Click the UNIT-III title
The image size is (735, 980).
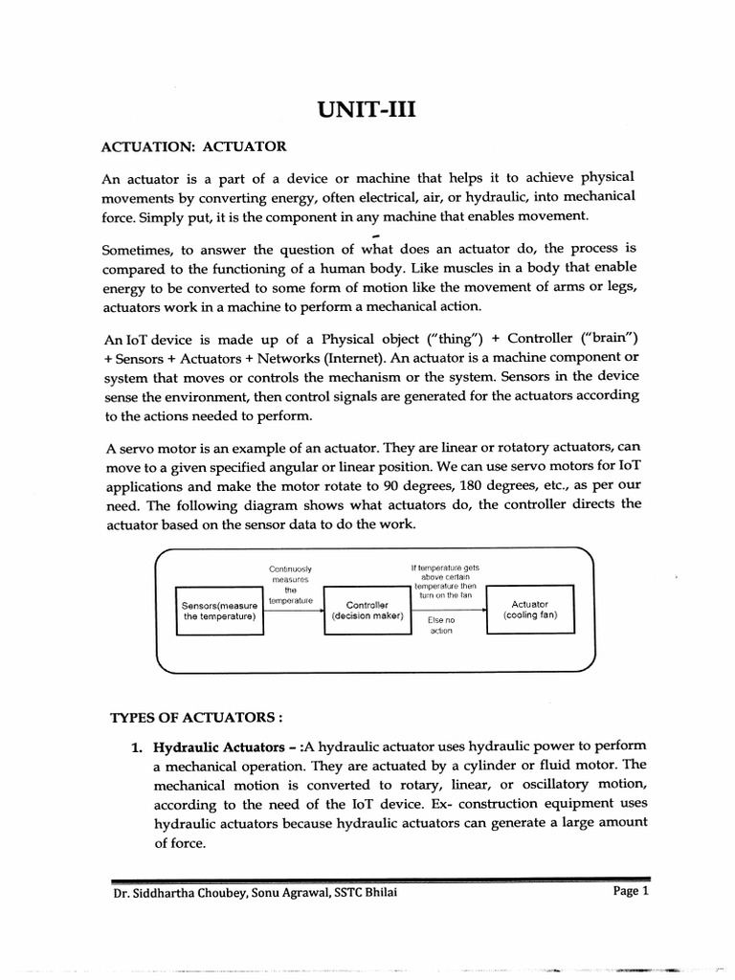[x=367, y=110]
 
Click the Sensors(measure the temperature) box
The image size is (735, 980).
[x=219, y=611]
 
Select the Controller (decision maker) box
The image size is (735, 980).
[x=367, y=611]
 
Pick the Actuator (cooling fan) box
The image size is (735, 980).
[x=529, y=610]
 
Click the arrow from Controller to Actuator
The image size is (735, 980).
[x=449, y=610]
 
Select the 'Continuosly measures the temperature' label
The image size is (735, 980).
[x=291, y=585]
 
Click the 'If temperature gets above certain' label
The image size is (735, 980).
[x=445, y=572]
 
